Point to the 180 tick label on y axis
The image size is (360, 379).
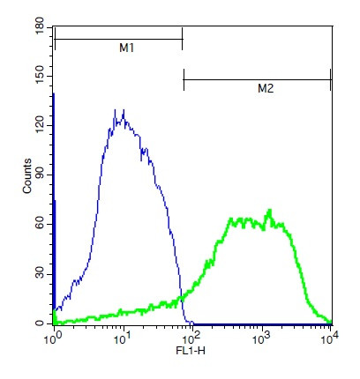coord(40,30)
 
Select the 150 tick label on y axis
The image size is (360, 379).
coord(40,78)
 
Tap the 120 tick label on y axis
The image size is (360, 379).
coord(40,127)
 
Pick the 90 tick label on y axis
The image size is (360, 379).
coord(40,176)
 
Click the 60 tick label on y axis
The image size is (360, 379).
coord(40,226)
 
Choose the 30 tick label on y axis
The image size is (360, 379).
coord(40,275)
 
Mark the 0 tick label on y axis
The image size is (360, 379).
coord(40,324)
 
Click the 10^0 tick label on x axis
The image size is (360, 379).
coord(55,337)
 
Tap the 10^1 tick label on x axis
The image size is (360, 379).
coord(124,337)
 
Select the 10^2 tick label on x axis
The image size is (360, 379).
coord(192,337)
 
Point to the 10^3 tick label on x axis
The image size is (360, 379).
coord(261,337)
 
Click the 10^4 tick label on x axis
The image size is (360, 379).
coord(330,337)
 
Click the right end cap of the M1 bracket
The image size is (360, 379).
coord(182,39)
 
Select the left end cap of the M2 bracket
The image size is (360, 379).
coord(184,79)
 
